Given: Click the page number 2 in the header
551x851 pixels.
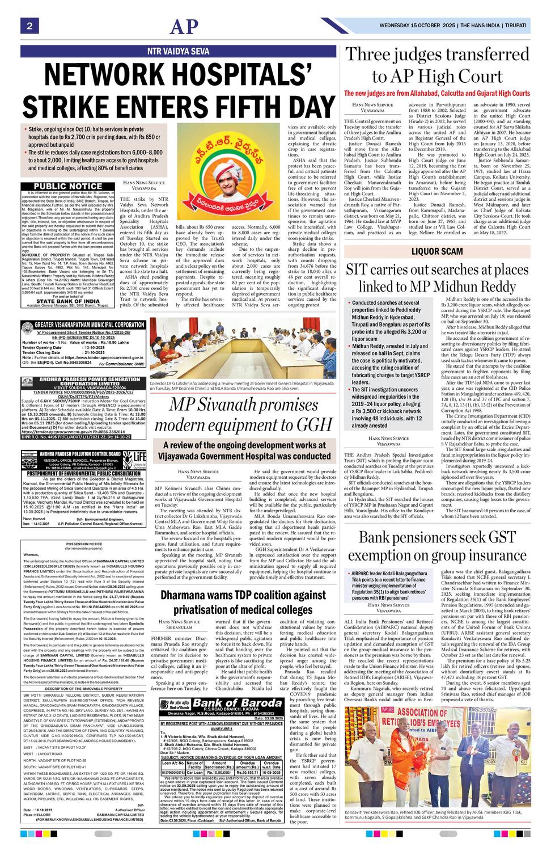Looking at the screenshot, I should (x=29, y=26).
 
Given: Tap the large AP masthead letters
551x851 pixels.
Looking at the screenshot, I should (x=185, y=27).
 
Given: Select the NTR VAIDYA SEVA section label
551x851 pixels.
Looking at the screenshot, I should (x=178, y=51).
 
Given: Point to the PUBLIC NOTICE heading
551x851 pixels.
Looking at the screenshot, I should (x=68, y=186).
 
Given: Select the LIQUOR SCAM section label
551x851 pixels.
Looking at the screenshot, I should (x=437, y=251).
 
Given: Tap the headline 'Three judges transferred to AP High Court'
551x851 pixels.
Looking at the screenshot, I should (x=437, y=66).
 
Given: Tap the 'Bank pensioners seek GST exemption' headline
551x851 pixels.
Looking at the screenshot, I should (x=437, y=546).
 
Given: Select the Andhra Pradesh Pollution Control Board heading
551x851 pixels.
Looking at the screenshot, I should (x=80, y=454).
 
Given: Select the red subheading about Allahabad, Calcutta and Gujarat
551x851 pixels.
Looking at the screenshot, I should (x=437, y=93).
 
